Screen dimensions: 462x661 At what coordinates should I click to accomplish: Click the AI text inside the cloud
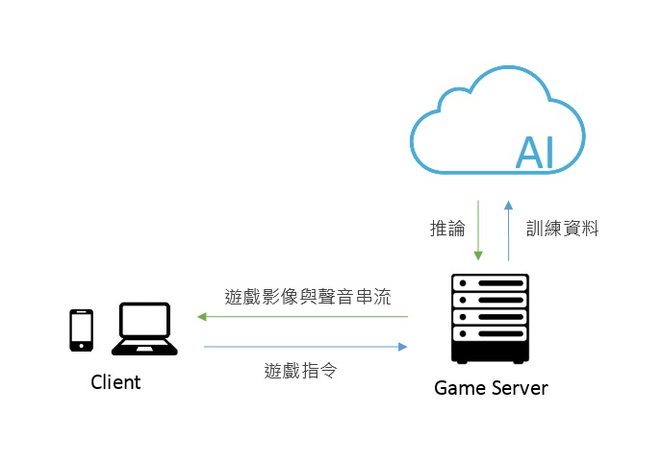point(536,152)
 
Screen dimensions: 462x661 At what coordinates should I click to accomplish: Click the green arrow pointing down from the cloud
point(478,230)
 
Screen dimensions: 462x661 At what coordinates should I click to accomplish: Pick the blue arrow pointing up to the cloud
point(509,230)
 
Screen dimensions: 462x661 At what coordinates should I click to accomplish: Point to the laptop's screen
point(143,322)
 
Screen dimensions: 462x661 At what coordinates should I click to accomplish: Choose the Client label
point(115,382)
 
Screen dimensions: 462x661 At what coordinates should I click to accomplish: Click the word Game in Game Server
point(457,388)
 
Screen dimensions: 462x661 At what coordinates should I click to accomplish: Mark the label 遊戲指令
point(300,369)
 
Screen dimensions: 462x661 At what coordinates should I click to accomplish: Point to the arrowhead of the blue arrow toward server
point(403,347)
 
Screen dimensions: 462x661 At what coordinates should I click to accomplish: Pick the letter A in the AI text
point(528,152)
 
